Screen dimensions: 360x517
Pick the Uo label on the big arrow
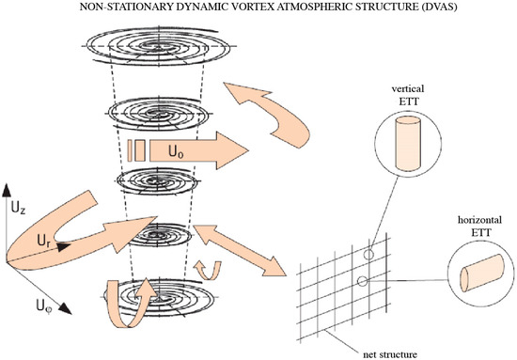pyautogui.click(x=174, y=149)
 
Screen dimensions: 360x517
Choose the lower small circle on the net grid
pyautogui.click(x=360, y=280)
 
